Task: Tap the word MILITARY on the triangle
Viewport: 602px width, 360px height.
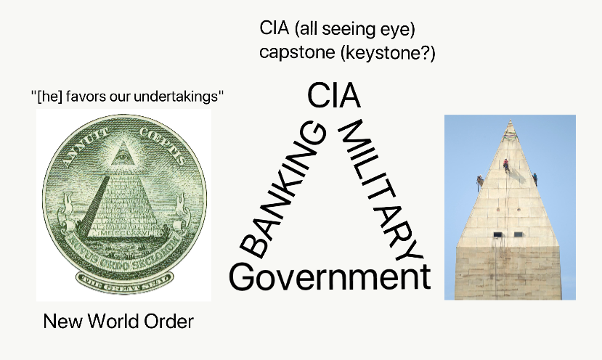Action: pos(380,191)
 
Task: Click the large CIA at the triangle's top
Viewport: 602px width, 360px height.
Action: pos(333,97)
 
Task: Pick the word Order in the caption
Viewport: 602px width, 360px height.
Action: pos(172,321)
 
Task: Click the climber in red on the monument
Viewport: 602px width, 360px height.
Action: pos(506,165)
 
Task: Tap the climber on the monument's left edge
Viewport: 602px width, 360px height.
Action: pos(479,181)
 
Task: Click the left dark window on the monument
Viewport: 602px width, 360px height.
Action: pos(497,234)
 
